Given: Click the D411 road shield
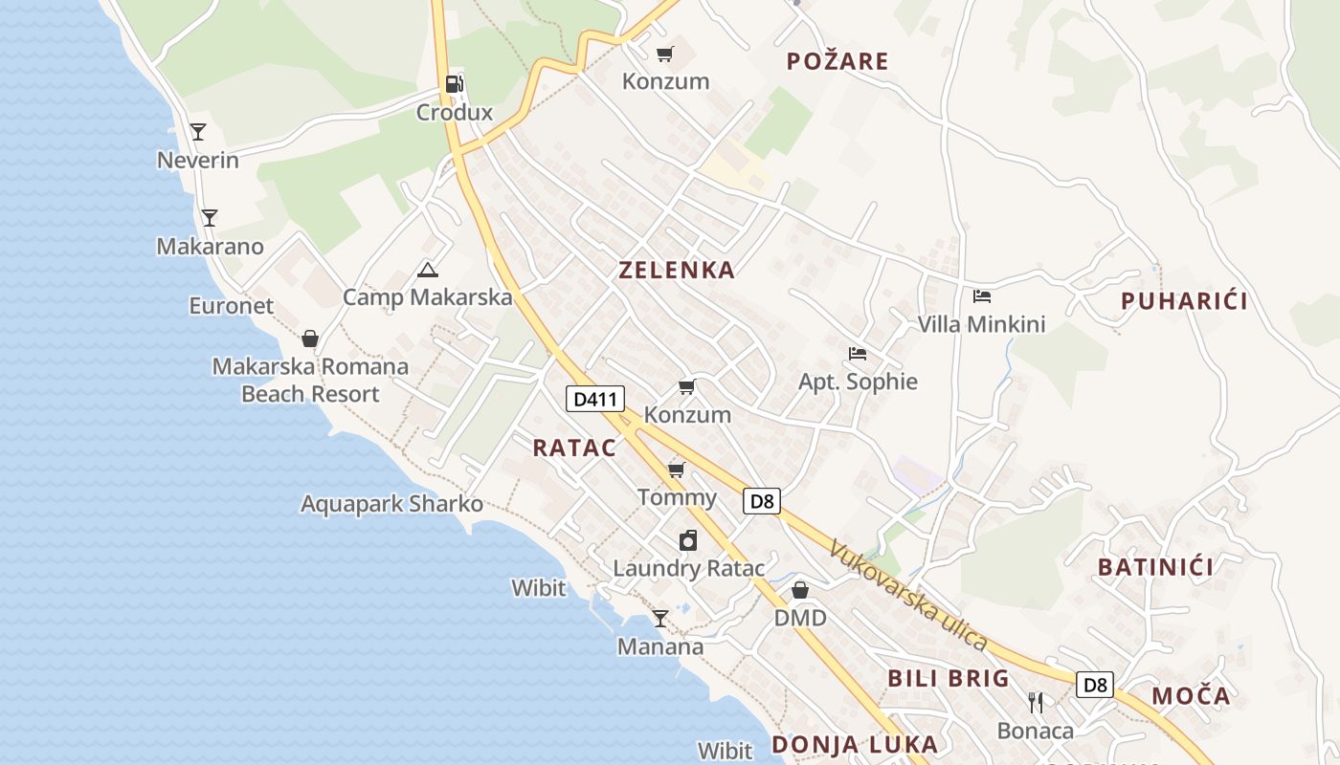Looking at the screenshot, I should (594, 399).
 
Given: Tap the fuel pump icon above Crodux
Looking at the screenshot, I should (455, 84).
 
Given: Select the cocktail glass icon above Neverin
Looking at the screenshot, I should (198, 132).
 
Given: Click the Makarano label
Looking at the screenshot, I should (210, 247).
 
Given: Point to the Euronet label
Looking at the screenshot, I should (231, 306).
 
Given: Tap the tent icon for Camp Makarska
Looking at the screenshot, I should (428, 270).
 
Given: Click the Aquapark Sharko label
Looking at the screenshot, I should (391, 504).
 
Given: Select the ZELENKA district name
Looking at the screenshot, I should (677, 271).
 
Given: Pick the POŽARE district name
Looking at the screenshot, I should (837, 62).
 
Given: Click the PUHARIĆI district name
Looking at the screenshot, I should (1184, 301).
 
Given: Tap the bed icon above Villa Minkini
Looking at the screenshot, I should (982, 296).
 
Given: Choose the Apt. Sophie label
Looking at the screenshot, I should (858, 382).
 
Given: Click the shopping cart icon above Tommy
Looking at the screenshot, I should (677, 470).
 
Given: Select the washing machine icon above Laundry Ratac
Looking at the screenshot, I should (688, 541).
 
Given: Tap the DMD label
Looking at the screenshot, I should (800, 618).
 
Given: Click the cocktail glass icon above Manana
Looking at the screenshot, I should (660, 619).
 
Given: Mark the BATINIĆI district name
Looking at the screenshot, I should (1155, 567).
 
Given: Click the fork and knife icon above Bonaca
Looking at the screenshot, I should (1036, 703).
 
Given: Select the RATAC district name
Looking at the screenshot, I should (574, 448).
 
